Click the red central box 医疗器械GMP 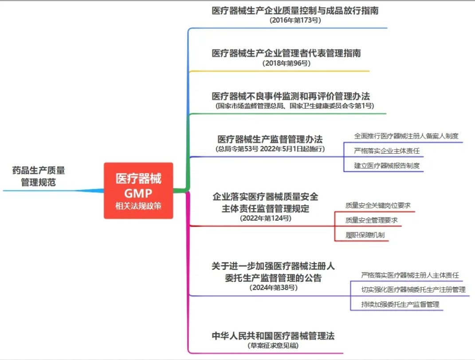tap(138, 190)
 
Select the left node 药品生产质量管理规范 tap(39, 176)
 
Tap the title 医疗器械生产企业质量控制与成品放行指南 tap(295, 11)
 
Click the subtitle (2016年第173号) tap(295, 20)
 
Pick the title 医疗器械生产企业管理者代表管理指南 tap(286, 53)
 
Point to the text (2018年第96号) tap(286, 63)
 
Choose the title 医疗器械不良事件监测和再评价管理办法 tap(291, 96)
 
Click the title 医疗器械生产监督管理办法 tap(270, 139)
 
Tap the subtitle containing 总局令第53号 tap(270, 149)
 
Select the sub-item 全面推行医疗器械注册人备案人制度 tap(406, 136)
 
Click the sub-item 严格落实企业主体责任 tap(387, 151)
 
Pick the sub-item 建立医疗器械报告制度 tap(387, 166)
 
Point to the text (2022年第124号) tap(265, 218)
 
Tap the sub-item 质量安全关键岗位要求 tap(378, 206)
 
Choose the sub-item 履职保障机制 tap(365, 235)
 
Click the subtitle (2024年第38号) tap(273, 287)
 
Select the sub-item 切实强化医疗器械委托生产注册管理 tap(413, 289)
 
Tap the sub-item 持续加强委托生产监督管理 tap(400, 304)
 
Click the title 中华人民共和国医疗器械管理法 tap(273, 336)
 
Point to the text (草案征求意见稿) tap(273, 345)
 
